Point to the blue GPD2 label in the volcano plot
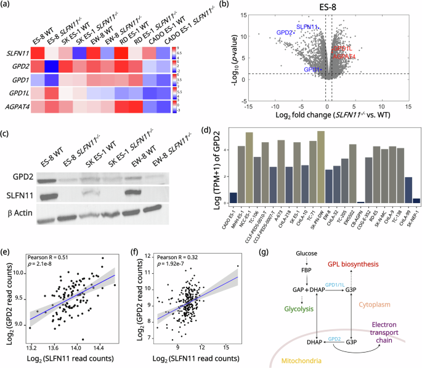[x=285, y=32]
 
